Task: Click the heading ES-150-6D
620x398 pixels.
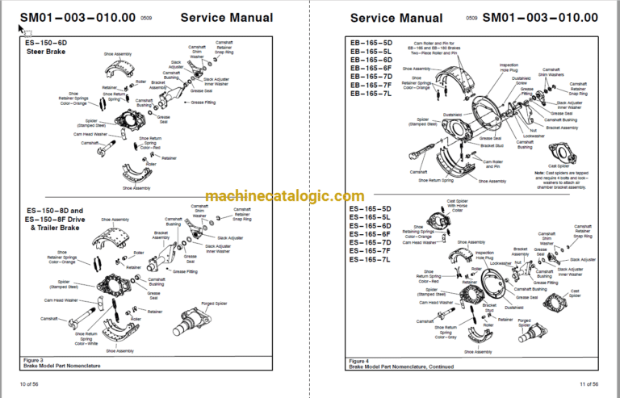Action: point(48,42)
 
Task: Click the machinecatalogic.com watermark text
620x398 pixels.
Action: point(284,196)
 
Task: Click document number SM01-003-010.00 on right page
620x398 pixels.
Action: point(540,17)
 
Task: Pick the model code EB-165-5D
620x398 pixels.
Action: point(371,42)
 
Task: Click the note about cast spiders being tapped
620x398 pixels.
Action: point(564,181)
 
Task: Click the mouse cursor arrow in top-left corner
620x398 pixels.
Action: point(22,30)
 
